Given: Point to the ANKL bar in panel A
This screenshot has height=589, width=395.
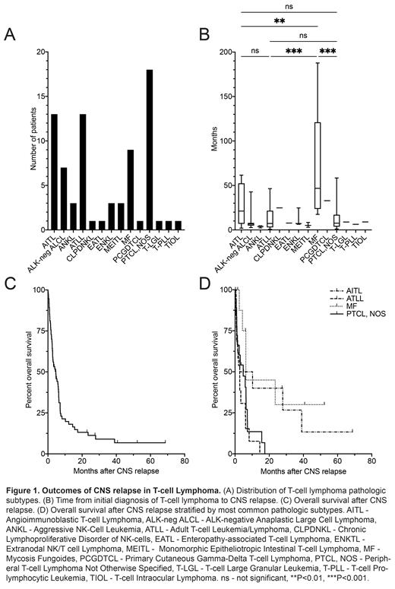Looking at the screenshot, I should pos(74,216).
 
